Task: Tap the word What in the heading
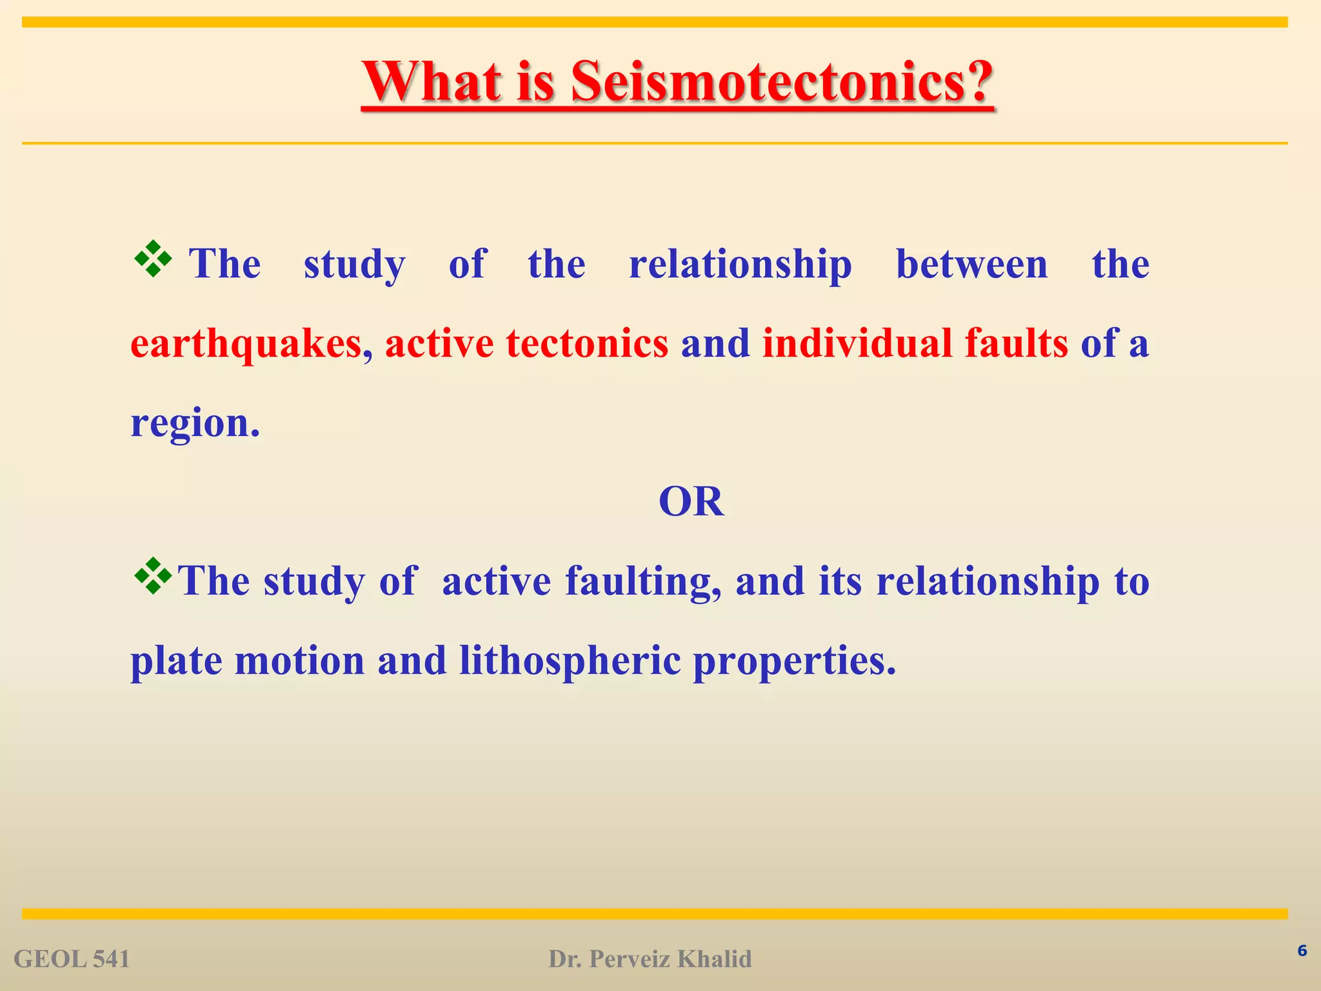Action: (x=432, y=81)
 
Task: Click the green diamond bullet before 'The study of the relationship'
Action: (x=153, y=259)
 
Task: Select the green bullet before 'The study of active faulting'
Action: (x=153, y=576)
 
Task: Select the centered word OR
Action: (x=691, y=502)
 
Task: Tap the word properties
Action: (x=794, y=661)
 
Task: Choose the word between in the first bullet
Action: (x=972, y=264)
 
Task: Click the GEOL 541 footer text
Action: (x=72, y=959)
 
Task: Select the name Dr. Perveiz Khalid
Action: (x=650, y=959)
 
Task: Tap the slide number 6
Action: (x=1302, y=950)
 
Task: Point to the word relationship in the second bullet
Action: (x=988, y=581)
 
